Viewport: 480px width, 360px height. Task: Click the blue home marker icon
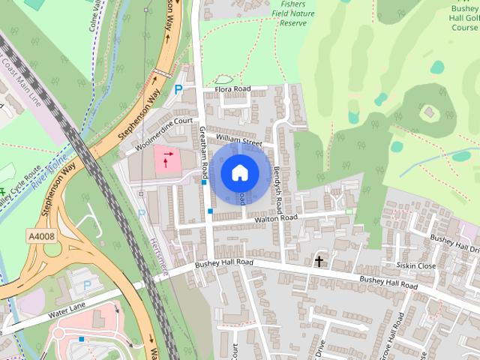[x=238, y=173]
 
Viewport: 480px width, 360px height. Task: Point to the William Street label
[x=238, y=140]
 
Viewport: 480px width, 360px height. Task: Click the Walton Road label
[x=276, y=218]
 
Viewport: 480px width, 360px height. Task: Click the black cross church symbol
[x=319, y=261]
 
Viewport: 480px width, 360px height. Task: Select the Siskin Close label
[x=416, y=265]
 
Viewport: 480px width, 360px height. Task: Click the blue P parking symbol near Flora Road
[x=178, y=89]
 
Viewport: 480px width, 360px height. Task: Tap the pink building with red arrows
[x=167, y=158]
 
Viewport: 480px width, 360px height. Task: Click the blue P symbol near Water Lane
[x=87, y=285]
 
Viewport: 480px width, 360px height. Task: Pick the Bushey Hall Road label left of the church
[x=224, y=264]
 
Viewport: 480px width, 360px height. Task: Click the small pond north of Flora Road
[x=223, y=79]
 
